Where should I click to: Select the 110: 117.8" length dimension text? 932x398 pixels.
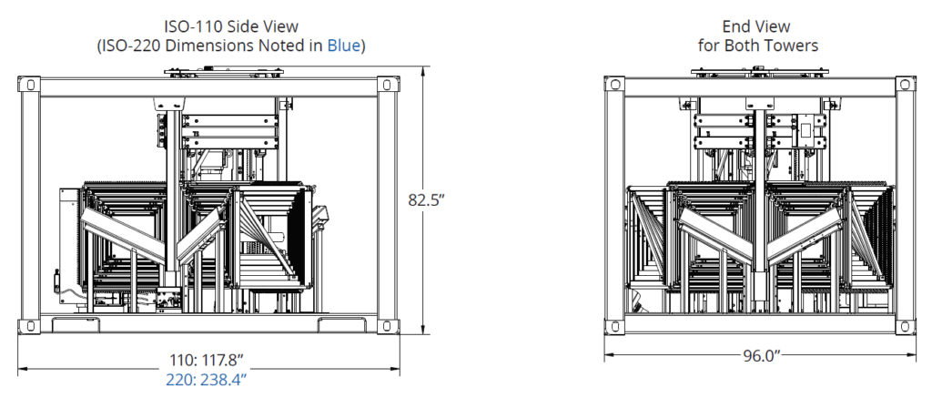click(207, 359)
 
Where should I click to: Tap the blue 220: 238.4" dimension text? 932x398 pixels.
click(207, 378)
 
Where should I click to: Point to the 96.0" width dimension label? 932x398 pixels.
click(761, 356)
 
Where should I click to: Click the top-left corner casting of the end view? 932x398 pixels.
click(615, 86)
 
